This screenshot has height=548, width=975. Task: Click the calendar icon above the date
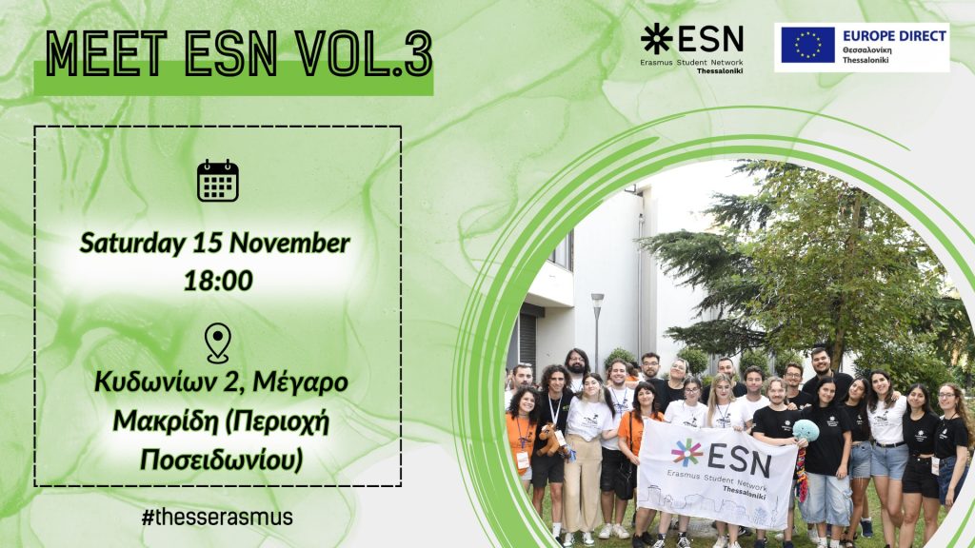coord(218,181)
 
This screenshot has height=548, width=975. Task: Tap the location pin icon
coord(218,342)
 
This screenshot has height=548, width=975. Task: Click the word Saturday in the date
coord(132,244)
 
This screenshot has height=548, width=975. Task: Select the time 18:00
coord(218,281)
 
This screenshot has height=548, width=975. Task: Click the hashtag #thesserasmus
coord(217,517)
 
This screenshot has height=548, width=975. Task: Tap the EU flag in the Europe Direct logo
coord(807,46)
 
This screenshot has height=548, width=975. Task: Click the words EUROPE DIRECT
coord(894,36)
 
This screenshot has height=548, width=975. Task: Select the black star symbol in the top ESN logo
coord(657,39)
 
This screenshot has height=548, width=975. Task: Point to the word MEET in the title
coord(107,54)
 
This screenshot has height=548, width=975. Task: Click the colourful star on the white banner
coord(686,453)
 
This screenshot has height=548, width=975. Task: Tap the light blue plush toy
coord(806,430)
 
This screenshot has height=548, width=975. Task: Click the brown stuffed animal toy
coord(549,440)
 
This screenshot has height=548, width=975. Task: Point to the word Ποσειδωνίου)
coord(221,460)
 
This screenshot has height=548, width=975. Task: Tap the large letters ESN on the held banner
coord(739,460)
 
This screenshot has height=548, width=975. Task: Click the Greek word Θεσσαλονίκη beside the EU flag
coord(867,49)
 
